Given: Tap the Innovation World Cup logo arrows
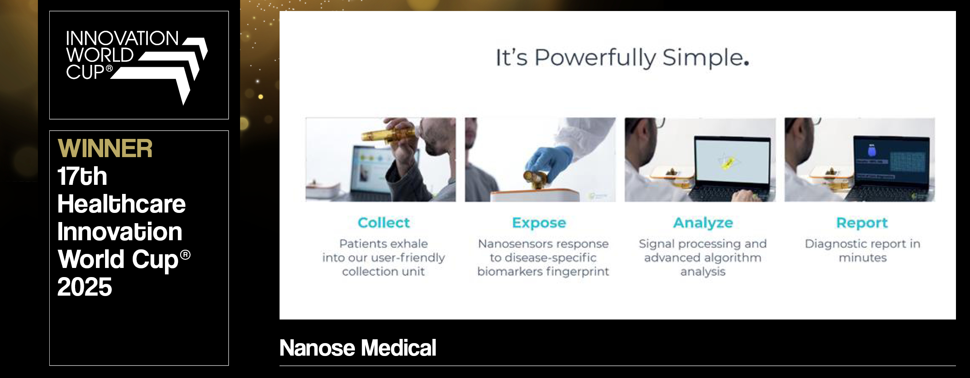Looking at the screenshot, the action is (167, 68).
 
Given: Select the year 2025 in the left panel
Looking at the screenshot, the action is (85, 287).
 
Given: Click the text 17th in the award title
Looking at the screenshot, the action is (82, 176).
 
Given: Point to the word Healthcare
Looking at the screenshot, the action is (121, 204).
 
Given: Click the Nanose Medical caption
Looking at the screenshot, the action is (358, 348).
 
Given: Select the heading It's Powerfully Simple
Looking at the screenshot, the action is (622, 58).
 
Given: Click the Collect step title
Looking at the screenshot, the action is (384, 223).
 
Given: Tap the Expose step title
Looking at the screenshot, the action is (539, 223).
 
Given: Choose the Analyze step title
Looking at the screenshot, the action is (703, 223).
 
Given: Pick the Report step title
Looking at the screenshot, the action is (862, 223).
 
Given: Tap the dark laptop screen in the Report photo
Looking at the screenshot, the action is (891, 161).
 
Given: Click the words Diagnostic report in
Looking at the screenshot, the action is (862, 244).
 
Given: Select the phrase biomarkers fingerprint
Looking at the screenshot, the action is (543, 272).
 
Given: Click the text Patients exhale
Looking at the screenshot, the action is (383, 244).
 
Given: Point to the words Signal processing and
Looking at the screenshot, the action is (703, 244).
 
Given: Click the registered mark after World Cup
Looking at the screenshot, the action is (185, 255).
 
